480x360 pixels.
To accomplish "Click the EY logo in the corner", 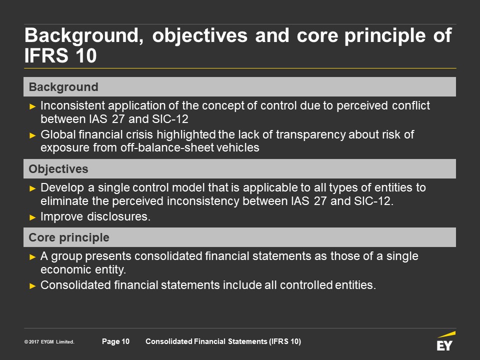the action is pos(445,341).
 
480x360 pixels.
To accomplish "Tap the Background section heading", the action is pos(63,87).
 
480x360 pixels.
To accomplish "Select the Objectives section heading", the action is pos(58,169).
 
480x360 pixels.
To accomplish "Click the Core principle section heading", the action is pos(69,237).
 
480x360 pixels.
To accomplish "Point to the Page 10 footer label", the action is pos(115,341).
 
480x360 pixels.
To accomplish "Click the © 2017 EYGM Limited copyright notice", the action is pos(49,341).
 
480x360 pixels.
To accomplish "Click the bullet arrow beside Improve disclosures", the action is pos(32,217).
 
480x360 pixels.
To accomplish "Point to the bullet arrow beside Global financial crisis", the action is pos(32,135).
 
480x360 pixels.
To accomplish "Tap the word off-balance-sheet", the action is pos(167,147).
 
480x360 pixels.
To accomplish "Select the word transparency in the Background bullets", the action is pos(310,134).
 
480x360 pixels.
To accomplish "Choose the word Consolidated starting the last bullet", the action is pos(75,285).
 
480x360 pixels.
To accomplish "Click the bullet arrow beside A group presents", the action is pos(32,257).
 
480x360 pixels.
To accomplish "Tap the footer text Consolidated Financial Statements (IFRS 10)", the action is pos(223,341).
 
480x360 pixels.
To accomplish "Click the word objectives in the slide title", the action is pos(200,36).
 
